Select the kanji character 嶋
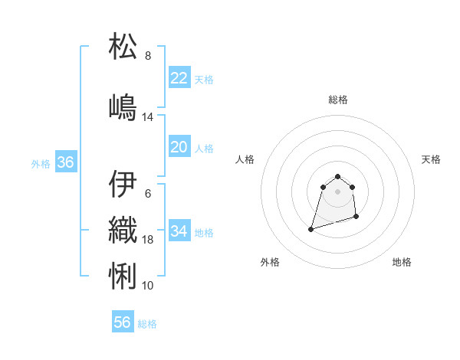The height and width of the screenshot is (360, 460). point(123,107)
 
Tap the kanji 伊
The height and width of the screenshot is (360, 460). point(123,184)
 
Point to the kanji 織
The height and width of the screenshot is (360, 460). point(123,230)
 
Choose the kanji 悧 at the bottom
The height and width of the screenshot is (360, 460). point(123,275)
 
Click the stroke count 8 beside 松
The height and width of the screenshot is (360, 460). point(148,56)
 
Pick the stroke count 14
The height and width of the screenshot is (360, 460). point(148,117)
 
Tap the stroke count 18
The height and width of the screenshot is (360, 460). point(148,240)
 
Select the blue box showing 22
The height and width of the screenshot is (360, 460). point(179,78)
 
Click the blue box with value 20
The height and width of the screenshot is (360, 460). point(179,147)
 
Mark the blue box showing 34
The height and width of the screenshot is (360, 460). point(179,231)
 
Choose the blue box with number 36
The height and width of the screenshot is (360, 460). point(65,162)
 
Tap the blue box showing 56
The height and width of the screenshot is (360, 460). point(122,322)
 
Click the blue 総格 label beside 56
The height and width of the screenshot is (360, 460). point(147,324)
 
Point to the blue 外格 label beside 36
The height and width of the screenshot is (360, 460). point(41,163)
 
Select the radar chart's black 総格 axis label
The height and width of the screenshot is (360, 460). point(338,100)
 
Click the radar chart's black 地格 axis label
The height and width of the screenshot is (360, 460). point(402,262)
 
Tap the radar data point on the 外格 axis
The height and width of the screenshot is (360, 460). point(310,229)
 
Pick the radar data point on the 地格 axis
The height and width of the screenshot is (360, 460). point(358,218)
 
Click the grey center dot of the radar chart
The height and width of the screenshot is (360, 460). point(338,191)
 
